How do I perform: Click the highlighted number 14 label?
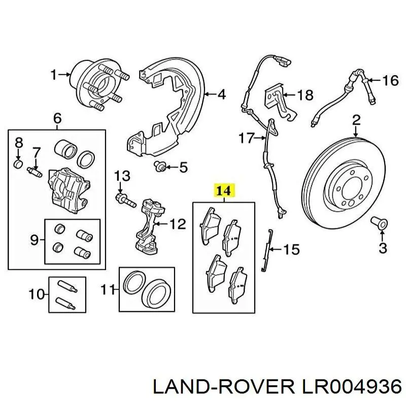coord(224,191)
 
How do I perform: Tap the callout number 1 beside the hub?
coord(54,75)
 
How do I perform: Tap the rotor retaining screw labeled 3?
coord(379,223)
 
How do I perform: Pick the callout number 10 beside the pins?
coord(37,294)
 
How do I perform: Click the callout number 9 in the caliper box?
coord(35,241)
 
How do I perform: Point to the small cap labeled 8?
coord(18,163)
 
